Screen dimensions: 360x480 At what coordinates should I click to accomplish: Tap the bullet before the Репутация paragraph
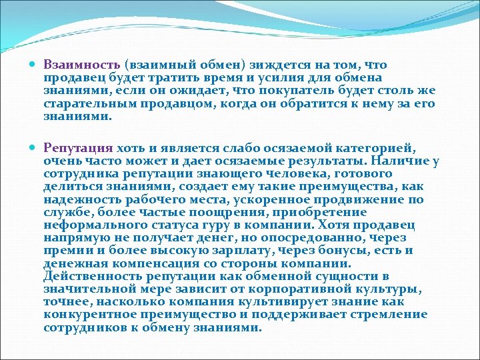(x=33, y=148)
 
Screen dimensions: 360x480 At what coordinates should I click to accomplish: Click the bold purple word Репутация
(x=79, y=148)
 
